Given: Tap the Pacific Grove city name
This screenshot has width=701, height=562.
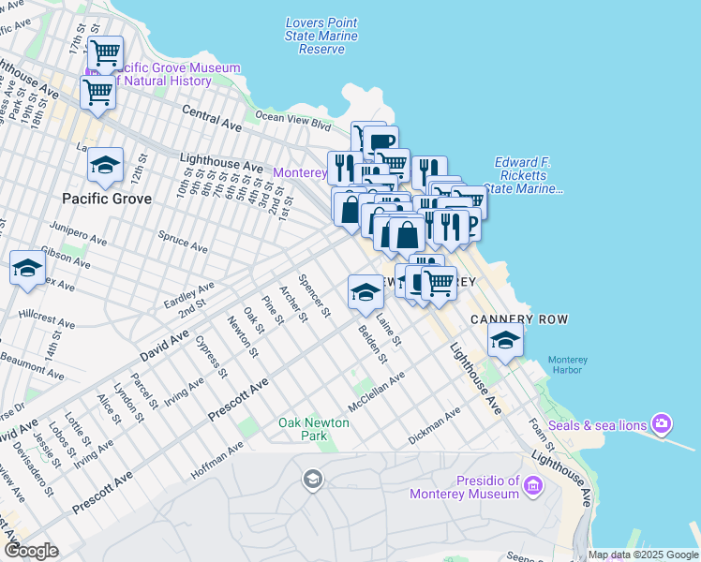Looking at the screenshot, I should point(100,199).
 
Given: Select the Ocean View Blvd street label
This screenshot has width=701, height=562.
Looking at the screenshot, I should point(293,120).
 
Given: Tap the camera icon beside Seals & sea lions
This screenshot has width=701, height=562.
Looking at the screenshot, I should point(662,425).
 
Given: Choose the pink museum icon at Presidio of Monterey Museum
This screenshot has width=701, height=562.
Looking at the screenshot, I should point(533,485).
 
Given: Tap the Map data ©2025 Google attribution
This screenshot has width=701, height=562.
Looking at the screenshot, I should point(643,555).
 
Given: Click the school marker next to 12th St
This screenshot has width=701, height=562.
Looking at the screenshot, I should point(106,165).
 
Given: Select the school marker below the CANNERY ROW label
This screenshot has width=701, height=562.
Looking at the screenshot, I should point(505,341).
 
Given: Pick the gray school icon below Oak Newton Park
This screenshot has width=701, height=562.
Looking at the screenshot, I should point(312,481).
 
